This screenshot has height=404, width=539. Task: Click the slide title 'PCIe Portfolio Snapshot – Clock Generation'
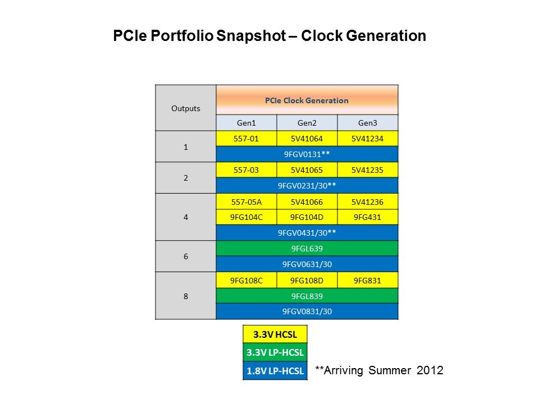tap(269, 36)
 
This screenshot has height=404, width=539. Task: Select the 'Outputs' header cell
tap(185, 108)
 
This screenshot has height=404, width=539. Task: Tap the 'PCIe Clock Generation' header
tap(307, 100)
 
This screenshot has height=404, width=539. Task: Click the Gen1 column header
tap(246, 123)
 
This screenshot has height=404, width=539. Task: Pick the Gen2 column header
tap(307, 123)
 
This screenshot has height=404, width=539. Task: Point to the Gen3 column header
tap(367, 123)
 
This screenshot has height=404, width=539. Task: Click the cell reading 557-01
tap(246, 139)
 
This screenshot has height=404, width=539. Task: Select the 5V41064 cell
tap(307, 139)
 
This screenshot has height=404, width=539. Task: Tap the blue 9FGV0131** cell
tap(307, 154)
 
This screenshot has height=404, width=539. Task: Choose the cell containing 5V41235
tap(367, 170)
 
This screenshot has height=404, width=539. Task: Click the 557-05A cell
tap(246, 201)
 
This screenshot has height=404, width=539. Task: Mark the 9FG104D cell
tap(307, 217)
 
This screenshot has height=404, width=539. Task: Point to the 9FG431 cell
tap(367, 217)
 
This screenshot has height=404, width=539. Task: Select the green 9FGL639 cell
tap(307, 249)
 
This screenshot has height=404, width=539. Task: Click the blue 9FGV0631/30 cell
tap(307, 264)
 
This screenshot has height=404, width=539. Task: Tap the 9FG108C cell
tap(246, 280)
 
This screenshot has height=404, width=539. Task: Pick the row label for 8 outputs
tap(185, 296)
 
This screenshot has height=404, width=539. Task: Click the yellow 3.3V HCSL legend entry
tap(275, 335)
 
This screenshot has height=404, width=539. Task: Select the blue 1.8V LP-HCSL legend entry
tap(275, 370)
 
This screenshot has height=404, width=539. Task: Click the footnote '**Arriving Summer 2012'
tap(379, 370)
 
